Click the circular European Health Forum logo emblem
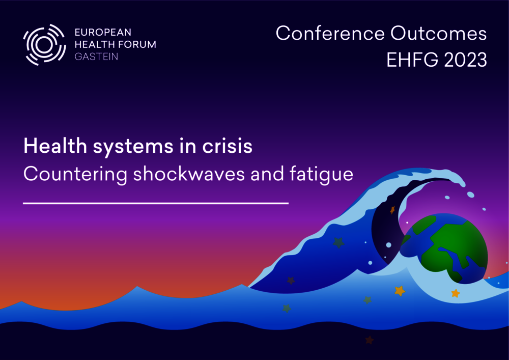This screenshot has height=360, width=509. click(x=44, y=45)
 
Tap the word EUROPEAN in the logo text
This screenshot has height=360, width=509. click(x=103, y=32)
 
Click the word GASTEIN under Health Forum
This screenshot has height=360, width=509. click(x=96, y=57)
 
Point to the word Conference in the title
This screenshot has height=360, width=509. click(x=330, y=33)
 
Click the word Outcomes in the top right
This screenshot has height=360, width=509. click(x=439, y=33)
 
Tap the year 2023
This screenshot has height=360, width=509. click(x=466, y=60)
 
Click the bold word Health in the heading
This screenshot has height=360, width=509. click(x=55, y=146)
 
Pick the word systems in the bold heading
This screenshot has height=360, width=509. click(x=133, y=147)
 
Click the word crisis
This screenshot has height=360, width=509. click(x=227, y=146)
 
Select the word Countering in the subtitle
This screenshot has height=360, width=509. click(x=75, y=175)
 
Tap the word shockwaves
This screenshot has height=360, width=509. click(x=189, y=174)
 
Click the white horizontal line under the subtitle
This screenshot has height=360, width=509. click(x=156, y=203)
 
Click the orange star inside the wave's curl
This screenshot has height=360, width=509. click(x=392, y=210)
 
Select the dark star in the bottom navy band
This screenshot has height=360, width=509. click(x=370, y=340)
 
